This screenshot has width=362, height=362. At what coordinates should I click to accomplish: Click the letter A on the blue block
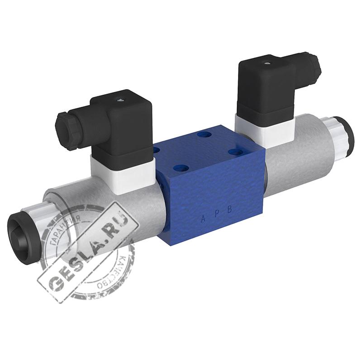pyautogui.click(x=203, y=219)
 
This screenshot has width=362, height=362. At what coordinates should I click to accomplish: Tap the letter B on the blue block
pyautogui.click(x=229, y=210)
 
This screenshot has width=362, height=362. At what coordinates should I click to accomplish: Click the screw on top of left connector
pyautogui.click(x=120, y=100)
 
